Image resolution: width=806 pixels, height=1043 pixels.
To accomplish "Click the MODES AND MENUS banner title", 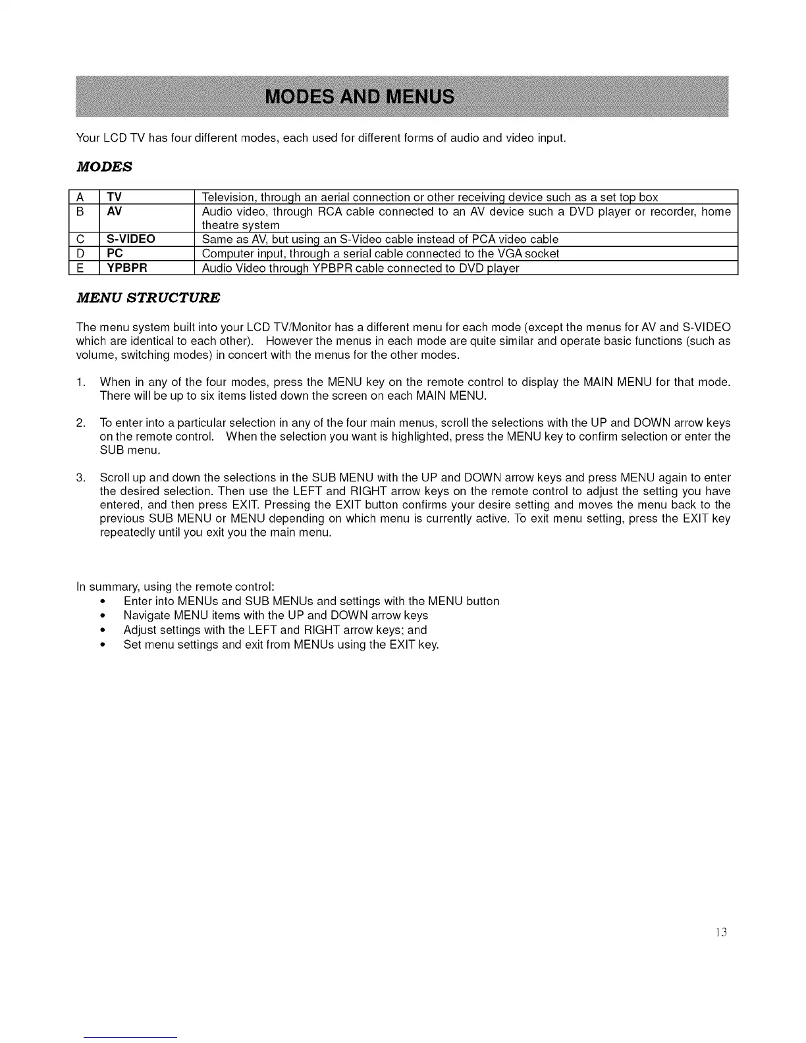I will coord(359,97).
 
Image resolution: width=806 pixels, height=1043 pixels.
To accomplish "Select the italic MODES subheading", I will coord(104,167).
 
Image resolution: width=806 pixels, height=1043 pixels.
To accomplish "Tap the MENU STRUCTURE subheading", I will coord(148,298).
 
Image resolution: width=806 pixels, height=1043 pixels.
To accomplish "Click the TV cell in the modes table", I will coord(114,197).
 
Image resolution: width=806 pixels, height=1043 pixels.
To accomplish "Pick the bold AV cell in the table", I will coord(114,211).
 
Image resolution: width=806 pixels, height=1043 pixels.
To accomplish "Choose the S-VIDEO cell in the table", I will coord(131,239).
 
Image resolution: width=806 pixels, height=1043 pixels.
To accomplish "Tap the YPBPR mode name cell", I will coord(127,268).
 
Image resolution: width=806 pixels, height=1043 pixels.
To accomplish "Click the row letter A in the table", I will coord(80,197).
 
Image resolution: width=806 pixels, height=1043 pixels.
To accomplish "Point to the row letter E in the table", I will coord(80,268).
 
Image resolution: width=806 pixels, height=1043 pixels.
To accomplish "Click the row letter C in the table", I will coord(80,239).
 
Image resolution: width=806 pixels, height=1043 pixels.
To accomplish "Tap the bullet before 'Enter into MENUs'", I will coord(103,601).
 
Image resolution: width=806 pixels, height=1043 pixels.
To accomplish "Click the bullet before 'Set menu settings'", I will coord(103,645).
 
